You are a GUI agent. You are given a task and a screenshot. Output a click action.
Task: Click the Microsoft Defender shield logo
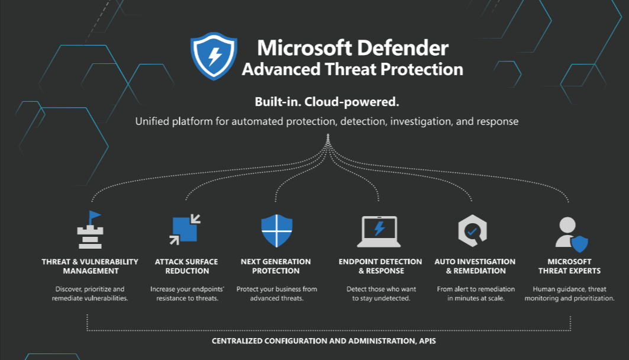pyautogui.click(x=214, y=56)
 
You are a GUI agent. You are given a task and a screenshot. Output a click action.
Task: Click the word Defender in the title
pyautogui.click(x=402, y=48)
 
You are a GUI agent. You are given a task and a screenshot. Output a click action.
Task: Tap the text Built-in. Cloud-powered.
pyautogui.click(x=327, y=102)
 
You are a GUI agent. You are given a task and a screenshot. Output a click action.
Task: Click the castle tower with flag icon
pyautogui.click(x=91, y=230)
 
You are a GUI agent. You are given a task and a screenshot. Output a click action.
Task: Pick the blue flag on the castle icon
pyautogui.click(x=95, y=216)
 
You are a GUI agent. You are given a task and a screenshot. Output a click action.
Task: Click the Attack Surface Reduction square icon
pyautogui.click(x=185, y=229)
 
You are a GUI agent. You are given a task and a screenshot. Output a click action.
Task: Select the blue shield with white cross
pyautogui.click(x=276, y=231)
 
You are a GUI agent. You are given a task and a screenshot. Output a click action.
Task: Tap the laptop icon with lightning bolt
pyautogui.click(x=379, y=232)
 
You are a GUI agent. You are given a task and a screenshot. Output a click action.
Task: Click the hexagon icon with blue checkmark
pyautogui.click(x=473, y=231)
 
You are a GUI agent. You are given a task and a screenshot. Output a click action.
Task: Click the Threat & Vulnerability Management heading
pyautogui.click(x=91, y=266)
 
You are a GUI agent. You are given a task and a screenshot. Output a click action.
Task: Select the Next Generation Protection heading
pyautogui.click(x=276, y=266)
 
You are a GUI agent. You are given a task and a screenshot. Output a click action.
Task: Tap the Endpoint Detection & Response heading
pyautogui.click(x=380, y=266)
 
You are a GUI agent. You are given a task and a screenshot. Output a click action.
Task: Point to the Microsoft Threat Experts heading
pyautogui.click(x=569, y=266)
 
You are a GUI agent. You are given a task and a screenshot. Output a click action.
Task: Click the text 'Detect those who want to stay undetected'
pyautogui.click(x=381, y=293)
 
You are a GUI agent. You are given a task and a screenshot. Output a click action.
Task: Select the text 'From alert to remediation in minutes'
pyautogui.click(x=476, y=293)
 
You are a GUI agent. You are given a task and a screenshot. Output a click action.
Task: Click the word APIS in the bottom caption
pyautogui.click(x=428, y=340)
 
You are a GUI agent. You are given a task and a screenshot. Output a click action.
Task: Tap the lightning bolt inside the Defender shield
pyautogui.click(x=215, y=56)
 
